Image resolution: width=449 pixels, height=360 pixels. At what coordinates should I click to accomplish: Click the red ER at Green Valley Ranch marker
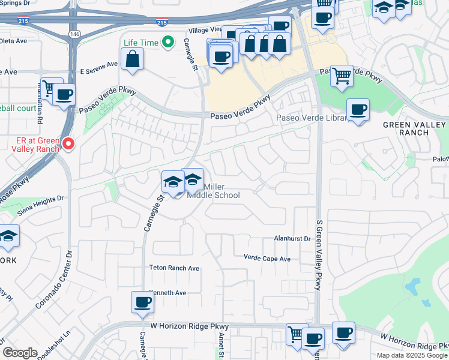[x=68, y=143]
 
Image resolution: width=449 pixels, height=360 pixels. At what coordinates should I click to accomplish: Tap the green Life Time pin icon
[x=169, y=43]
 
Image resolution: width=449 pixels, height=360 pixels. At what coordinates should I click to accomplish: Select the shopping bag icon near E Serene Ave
[x=132, y=59]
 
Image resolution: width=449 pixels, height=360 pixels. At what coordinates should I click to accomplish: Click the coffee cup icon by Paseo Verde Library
[x=358, y=110]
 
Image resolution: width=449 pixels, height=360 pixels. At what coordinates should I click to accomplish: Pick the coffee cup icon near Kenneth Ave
[x=142, y=302]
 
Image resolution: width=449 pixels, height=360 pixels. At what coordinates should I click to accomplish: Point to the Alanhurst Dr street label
[x=292, y=238]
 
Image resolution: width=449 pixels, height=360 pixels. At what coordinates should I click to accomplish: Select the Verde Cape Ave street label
[x=267, y=259]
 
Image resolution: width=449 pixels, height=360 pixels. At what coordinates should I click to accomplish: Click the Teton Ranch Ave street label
[x=174, y=268]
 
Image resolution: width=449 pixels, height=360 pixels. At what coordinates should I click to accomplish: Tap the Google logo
[x=20, y=353]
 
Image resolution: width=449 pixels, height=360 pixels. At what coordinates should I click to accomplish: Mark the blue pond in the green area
[x=414, y=287]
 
